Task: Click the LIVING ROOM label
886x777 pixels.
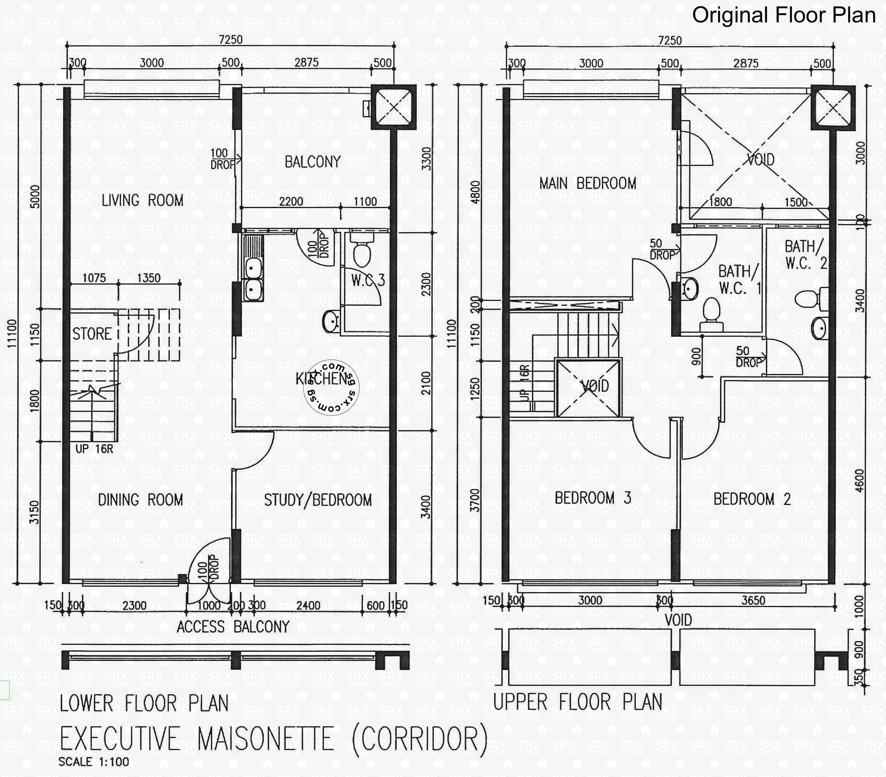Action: (142, 200)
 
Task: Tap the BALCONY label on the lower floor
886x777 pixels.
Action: (312, 162)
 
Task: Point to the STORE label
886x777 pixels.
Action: (92, 334)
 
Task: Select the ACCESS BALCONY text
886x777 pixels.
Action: (233, 627)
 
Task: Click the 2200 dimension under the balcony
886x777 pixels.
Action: (291, 201)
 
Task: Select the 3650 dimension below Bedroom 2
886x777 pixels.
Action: (753, 600)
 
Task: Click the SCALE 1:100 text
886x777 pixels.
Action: (94, 762)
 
